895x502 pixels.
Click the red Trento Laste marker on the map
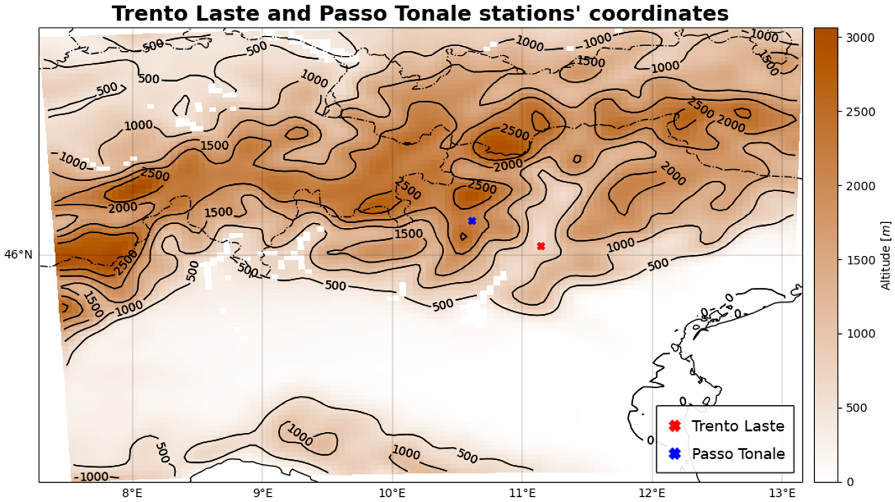[x=541, y=246]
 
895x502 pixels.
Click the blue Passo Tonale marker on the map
[x=472, y=221]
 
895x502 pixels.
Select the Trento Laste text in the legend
[x=737, y=426]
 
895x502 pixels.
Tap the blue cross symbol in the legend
[x=674, y=454]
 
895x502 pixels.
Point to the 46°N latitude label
[x=18, y=255]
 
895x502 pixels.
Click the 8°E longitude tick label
[x=133, y=493]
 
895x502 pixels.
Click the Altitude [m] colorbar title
[x=887, y=255]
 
